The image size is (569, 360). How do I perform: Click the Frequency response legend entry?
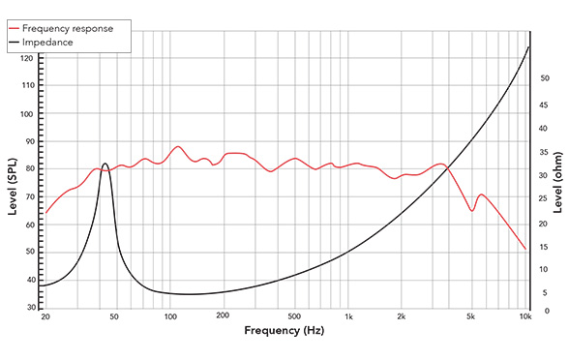coord(73,28)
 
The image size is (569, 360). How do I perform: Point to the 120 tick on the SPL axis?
coord(27,58)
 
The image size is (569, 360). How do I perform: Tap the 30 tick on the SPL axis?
coord(27,307)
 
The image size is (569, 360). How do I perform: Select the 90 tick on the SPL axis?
coord(27,141)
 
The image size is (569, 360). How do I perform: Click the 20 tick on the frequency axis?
coord(45,316)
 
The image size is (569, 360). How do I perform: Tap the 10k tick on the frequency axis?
coord(525,316)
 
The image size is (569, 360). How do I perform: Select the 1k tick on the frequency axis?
coord(348,316)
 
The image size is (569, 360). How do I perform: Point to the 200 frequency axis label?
coord(223,316)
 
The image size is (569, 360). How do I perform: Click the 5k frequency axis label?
coord(471,316)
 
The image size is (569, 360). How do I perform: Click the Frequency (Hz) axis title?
coord(284,332)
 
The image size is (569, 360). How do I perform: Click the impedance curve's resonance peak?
coord(105,164)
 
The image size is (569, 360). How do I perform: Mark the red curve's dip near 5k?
coord(471,210)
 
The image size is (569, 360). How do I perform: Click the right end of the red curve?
coord(525,250)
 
